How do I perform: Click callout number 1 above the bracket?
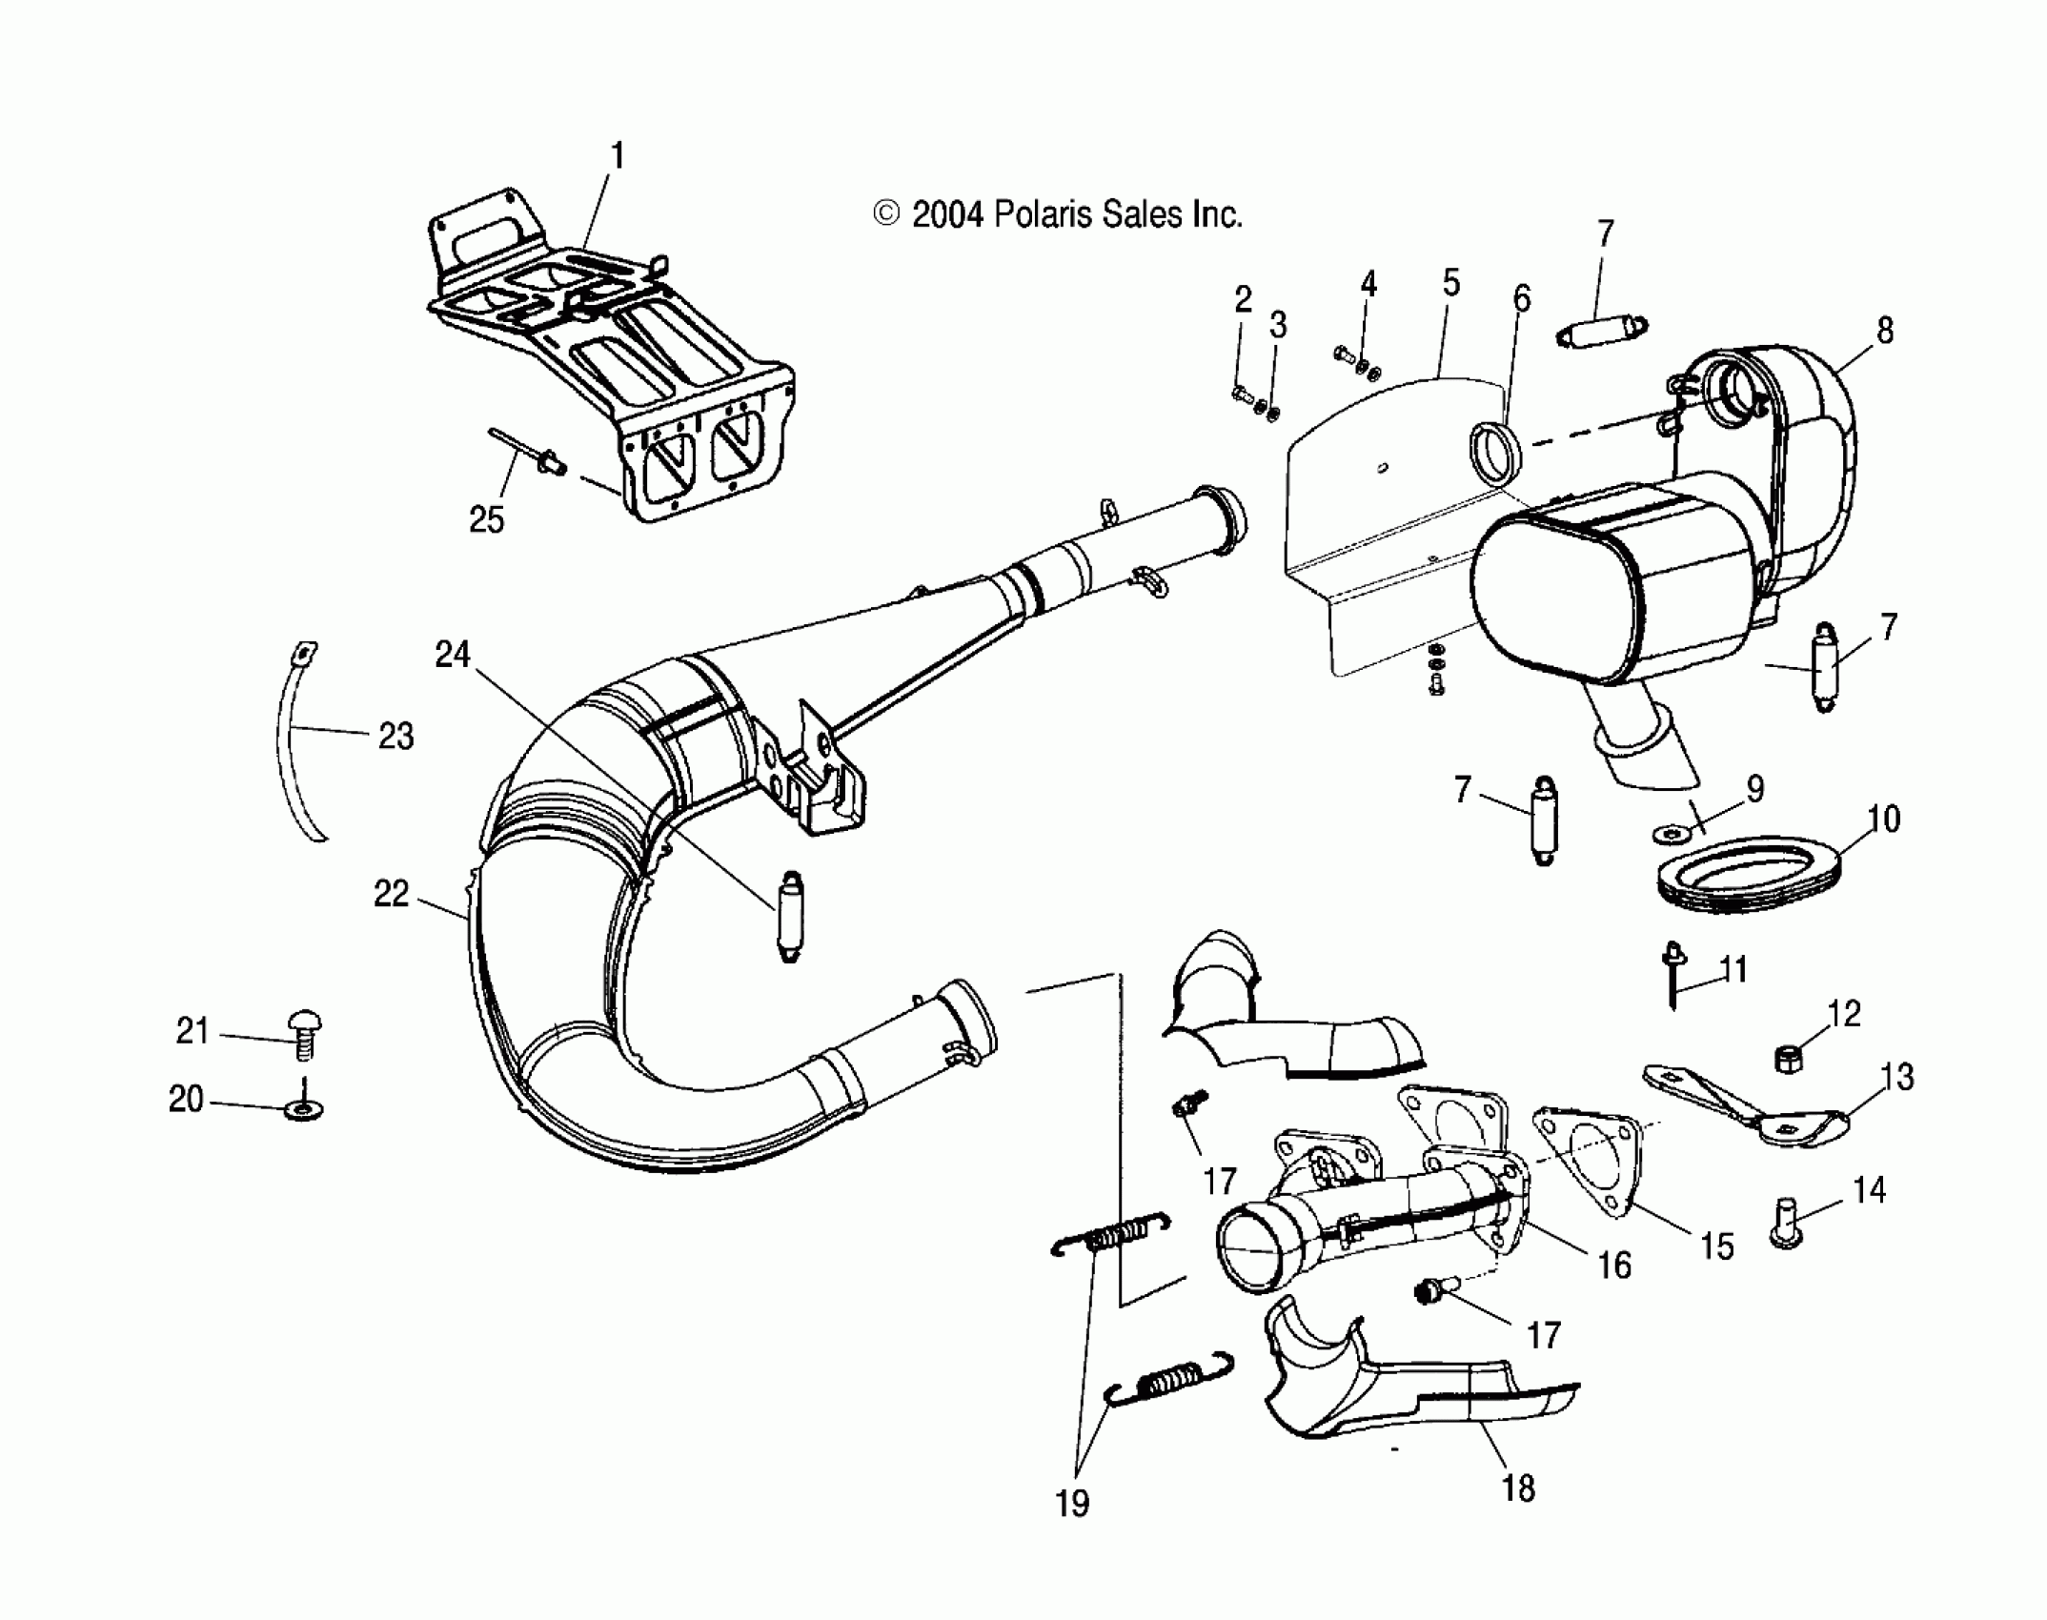[617, 155]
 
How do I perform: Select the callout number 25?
[486, 519]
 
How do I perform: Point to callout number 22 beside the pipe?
[391, 894]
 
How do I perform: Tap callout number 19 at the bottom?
[1071, 1504]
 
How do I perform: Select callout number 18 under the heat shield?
[1518, 1488]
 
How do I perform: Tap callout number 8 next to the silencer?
[1884, 331]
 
